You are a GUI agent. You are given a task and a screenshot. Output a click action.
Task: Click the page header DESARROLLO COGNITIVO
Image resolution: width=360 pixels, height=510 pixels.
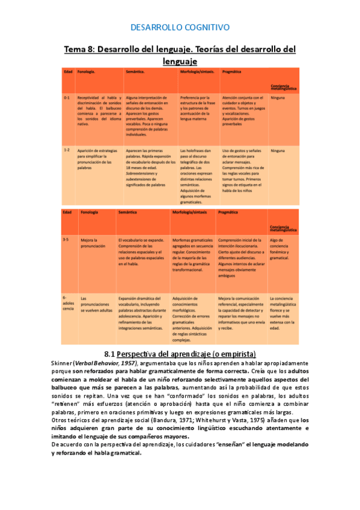pos(180,27)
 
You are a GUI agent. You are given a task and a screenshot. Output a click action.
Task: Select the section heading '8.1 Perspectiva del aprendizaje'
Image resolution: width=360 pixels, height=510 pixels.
pos(180,354)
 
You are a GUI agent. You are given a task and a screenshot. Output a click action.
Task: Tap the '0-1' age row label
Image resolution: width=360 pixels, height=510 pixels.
pos(67,97)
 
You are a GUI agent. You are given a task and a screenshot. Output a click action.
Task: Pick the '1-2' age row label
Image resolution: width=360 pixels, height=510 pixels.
pos(67,150)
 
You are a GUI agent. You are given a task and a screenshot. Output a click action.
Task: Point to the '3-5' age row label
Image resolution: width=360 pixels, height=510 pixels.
pos(66,239)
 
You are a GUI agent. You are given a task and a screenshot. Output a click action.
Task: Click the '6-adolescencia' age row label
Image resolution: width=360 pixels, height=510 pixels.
pos(67,305)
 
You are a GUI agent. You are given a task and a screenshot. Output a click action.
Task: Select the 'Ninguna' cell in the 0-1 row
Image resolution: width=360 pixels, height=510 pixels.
pos(278,97)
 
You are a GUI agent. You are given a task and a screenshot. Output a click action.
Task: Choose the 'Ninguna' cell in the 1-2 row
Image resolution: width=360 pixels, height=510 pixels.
pos(278,150)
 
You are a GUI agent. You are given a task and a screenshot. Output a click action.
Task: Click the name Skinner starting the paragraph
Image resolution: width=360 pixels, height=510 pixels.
pos(62,364)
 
